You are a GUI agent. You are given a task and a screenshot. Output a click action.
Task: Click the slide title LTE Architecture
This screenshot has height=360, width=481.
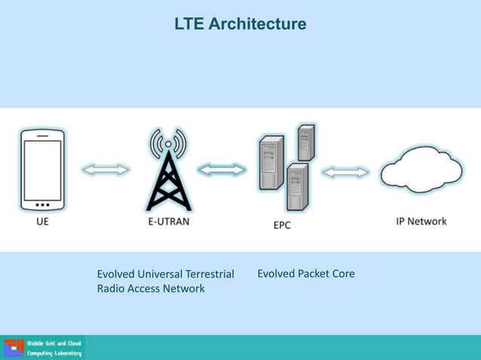pyautogui.click(x=240, y=24)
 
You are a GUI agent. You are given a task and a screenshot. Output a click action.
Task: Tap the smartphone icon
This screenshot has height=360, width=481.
pyautogui.click(x=41, y=170)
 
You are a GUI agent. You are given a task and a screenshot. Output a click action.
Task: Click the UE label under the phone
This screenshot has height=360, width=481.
pyautogui.click(x=42, y=222)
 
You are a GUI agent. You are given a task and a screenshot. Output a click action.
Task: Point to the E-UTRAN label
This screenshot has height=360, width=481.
pyautogui.click(x=168, y=222)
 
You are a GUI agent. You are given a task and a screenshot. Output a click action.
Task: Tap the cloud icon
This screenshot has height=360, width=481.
pyautogui.click(x=421, y=173)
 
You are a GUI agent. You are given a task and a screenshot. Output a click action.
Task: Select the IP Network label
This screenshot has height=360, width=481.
pyautogui.click(x=421, y=221)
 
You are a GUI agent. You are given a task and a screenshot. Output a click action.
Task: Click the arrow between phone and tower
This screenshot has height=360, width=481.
pyautogui.click(x=106, y=170)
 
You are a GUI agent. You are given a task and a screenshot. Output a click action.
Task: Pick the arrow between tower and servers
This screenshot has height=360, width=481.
pyautogui.click(x=222, y=170)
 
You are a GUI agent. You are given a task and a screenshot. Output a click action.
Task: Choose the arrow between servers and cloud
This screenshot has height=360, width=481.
pyautogui.click(x=345, y=172)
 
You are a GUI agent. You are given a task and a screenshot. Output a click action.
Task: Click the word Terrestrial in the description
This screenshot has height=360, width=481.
pyautogui.click(x=207, y=273)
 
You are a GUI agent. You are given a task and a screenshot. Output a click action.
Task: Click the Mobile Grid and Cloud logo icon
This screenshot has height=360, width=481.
pyautogui.click(x=14, y=348)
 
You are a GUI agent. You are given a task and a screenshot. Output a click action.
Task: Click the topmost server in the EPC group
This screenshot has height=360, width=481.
pyautogui.click(x=305, y=142)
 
